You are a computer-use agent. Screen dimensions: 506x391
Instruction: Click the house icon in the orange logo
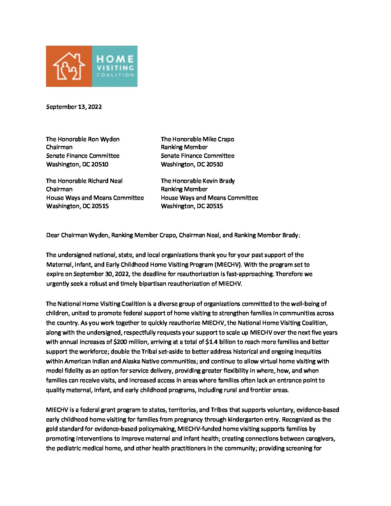69,66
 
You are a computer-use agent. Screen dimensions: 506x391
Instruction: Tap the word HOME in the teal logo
115,59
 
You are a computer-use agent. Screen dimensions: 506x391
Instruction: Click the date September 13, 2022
74,107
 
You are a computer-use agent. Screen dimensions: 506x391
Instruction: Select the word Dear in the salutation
53,235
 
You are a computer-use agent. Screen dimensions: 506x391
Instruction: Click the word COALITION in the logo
115,75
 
